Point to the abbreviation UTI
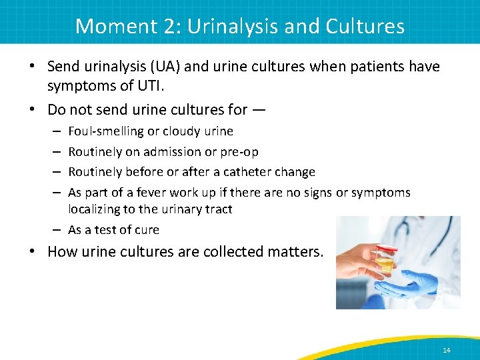point(131,87)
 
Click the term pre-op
point(241,152)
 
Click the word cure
point(146,230)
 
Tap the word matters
point(300,252)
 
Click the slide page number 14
point(446,350)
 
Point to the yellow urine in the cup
point(386,265)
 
